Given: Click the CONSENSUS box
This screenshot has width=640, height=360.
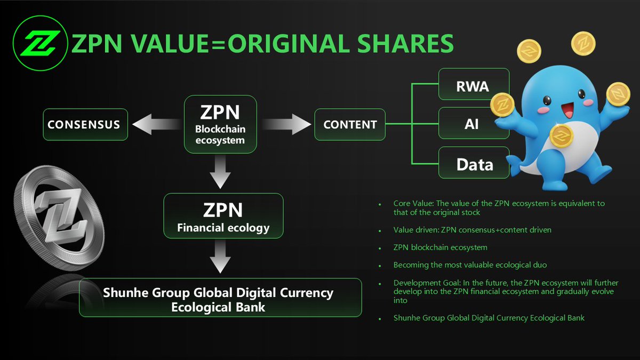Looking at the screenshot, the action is [85, 124].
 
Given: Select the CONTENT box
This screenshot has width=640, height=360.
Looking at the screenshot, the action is [350, 124].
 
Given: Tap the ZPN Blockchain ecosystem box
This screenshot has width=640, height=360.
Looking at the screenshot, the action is [220, 124].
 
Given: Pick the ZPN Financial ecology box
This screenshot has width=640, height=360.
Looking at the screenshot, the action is [223, 215].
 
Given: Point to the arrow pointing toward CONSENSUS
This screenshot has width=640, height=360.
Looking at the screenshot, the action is [155, 124].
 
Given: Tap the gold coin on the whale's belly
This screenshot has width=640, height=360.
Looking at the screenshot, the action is [561, 137].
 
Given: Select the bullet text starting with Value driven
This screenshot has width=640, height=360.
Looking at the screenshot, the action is [473, 230].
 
